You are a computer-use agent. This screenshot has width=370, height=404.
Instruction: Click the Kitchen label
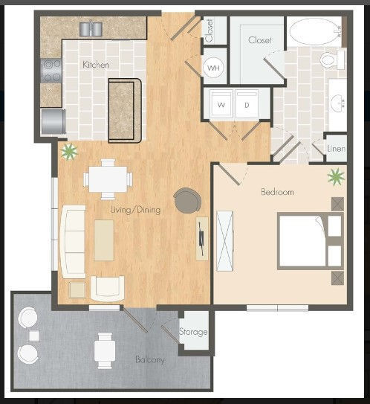click(x=96, y=65)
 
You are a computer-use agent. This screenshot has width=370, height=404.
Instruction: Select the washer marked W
click(x=220, y=105)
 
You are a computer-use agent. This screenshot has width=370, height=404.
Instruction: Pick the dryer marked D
click(x=247, y=105)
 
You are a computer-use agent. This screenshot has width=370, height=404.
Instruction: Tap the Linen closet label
click(x=336, y=150)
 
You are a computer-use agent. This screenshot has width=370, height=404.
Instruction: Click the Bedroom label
click(x=277, y=192)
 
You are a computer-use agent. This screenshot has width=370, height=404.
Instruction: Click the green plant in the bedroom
click(x=336, y=177)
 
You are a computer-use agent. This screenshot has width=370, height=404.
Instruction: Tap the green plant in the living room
click(x=69, y=152)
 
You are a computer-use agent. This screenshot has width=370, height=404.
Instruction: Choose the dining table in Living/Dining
click(x=108, y=178)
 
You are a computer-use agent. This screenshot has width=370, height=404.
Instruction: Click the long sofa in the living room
click(x=73, y=240)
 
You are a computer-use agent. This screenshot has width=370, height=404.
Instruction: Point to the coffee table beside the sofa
click(x=104, y=240)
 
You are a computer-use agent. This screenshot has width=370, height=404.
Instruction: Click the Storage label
click(x=193, y=333)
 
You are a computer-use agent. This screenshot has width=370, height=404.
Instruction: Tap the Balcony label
click(x=150, y=360)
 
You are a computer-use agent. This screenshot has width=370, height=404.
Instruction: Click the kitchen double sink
click(x=93, y=28)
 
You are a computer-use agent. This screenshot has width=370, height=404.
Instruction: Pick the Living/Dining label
click(x=136, y=210)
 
